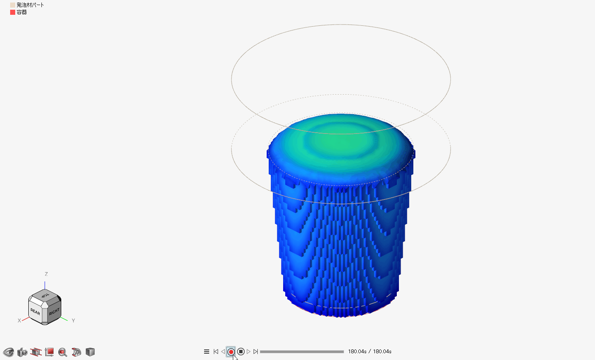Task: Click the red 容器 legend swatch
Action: (x=13, y=12)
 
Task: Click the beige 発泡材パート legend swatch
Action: (x=13, y=5)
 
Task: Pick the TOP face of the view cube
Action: (x=45, y=295)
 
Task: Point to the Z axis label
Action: (x=46, y=274)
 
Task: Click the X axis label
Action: (x=19, y=321)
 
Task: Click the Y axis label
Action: (x=73, y=321)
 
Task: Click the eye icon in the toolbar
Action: (x=8, y=352)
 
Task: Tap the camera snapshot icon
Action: (x=22, y=352)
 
